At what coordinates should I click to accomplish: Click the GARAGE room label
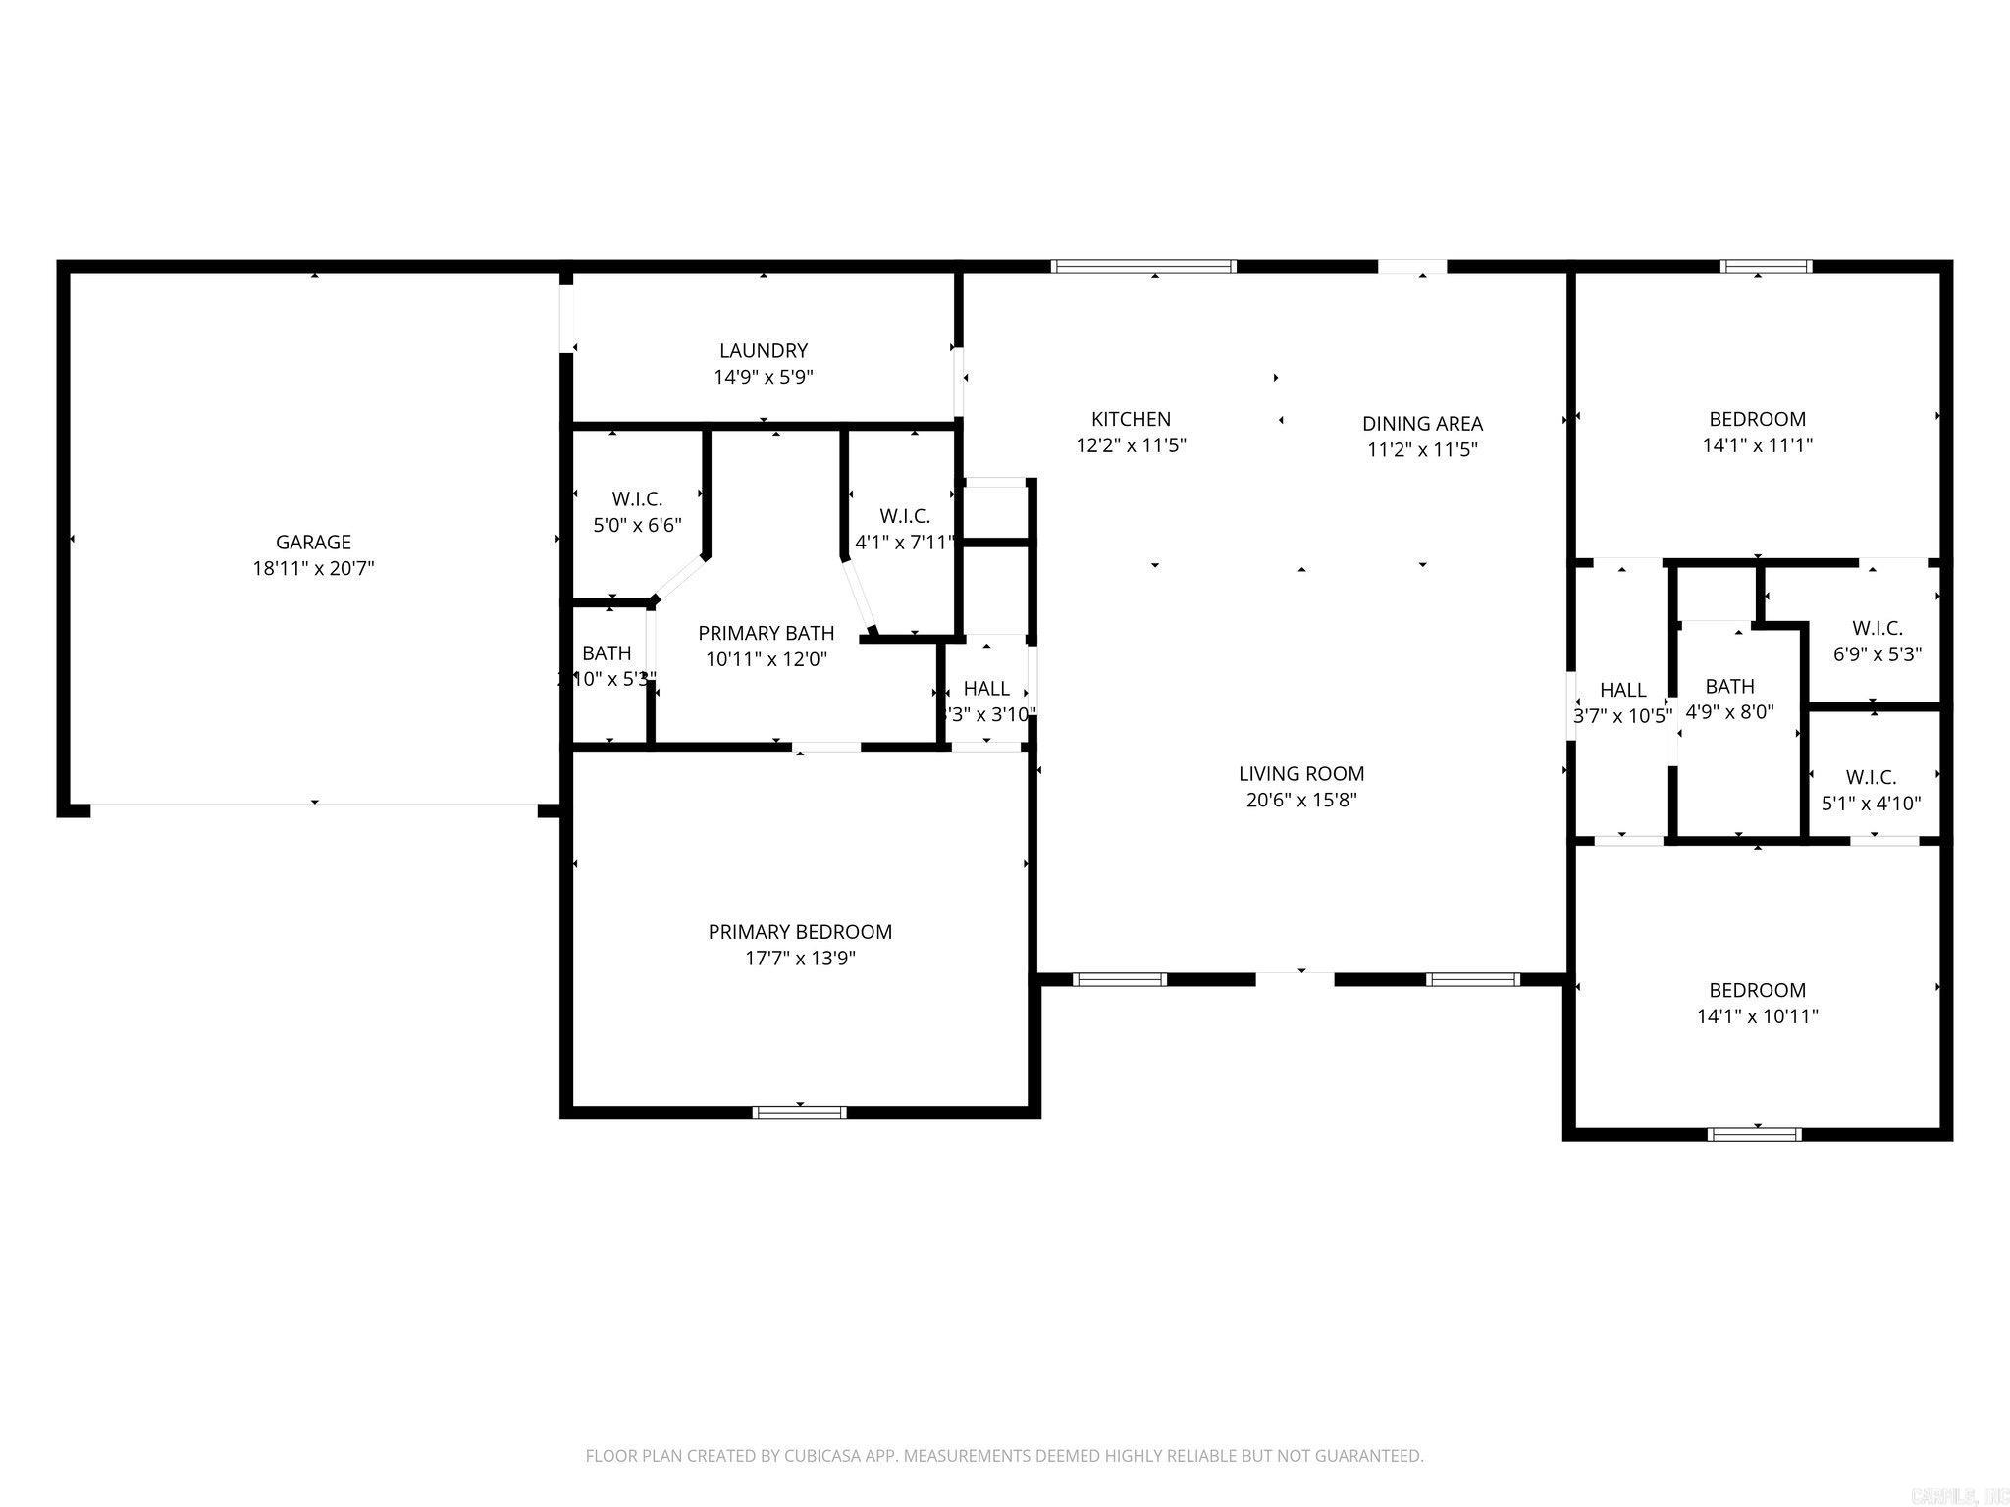[x=313, y=542]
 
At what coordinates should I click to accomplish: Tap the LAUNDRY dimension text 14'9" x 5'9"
[x=763, y=377]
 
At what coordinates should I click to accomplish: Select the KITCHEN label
[x=1131, y=419]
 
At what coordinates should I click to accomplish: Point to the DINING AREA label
[x=1421, y=424]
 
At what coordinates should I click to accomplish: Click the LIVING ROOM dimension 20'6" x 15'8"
[x=1300, y=800]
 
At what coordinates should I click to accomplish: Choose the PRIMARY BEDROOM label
[x=800, y=932]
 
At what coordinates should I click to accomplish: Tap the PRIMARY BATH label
[x=766, y=633]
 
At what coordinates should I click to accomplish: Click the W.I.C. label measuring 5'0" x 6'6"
[x=637, y=499]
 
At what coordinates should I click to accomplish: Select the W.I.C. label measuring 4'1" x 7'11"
[x=904, y=516]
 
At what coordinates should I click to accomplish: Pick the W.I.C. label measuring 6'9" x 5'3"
[x=1877, y=628]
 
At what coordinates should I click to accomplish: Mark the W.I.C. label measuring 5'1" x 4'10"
[x=1871, y=777]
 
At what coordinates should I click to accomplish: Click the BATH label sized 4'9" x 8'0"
[x=1729, y=686]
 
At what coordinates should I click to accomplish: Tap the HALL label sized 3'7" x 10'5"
[x=1622, y=690]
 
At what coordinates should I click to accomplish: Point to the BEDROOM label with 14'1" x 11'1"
[x=1757, y=419]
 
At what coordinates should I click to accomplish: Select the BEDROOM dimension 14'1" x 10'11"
[x=1757, y=1016]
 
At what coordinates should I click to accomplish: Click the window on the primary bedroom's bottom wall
[x=799, y=1112]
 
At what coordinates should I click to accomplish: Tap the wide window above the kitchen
[x=1142, y=266]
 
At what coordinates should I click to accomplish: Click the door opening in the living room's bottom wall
[x=1295, y=977]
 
